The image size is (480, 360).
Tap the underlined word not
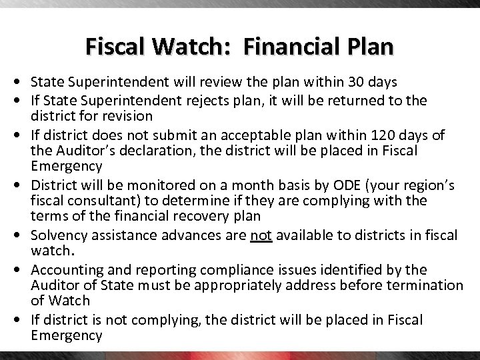[x=261, y=235]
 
